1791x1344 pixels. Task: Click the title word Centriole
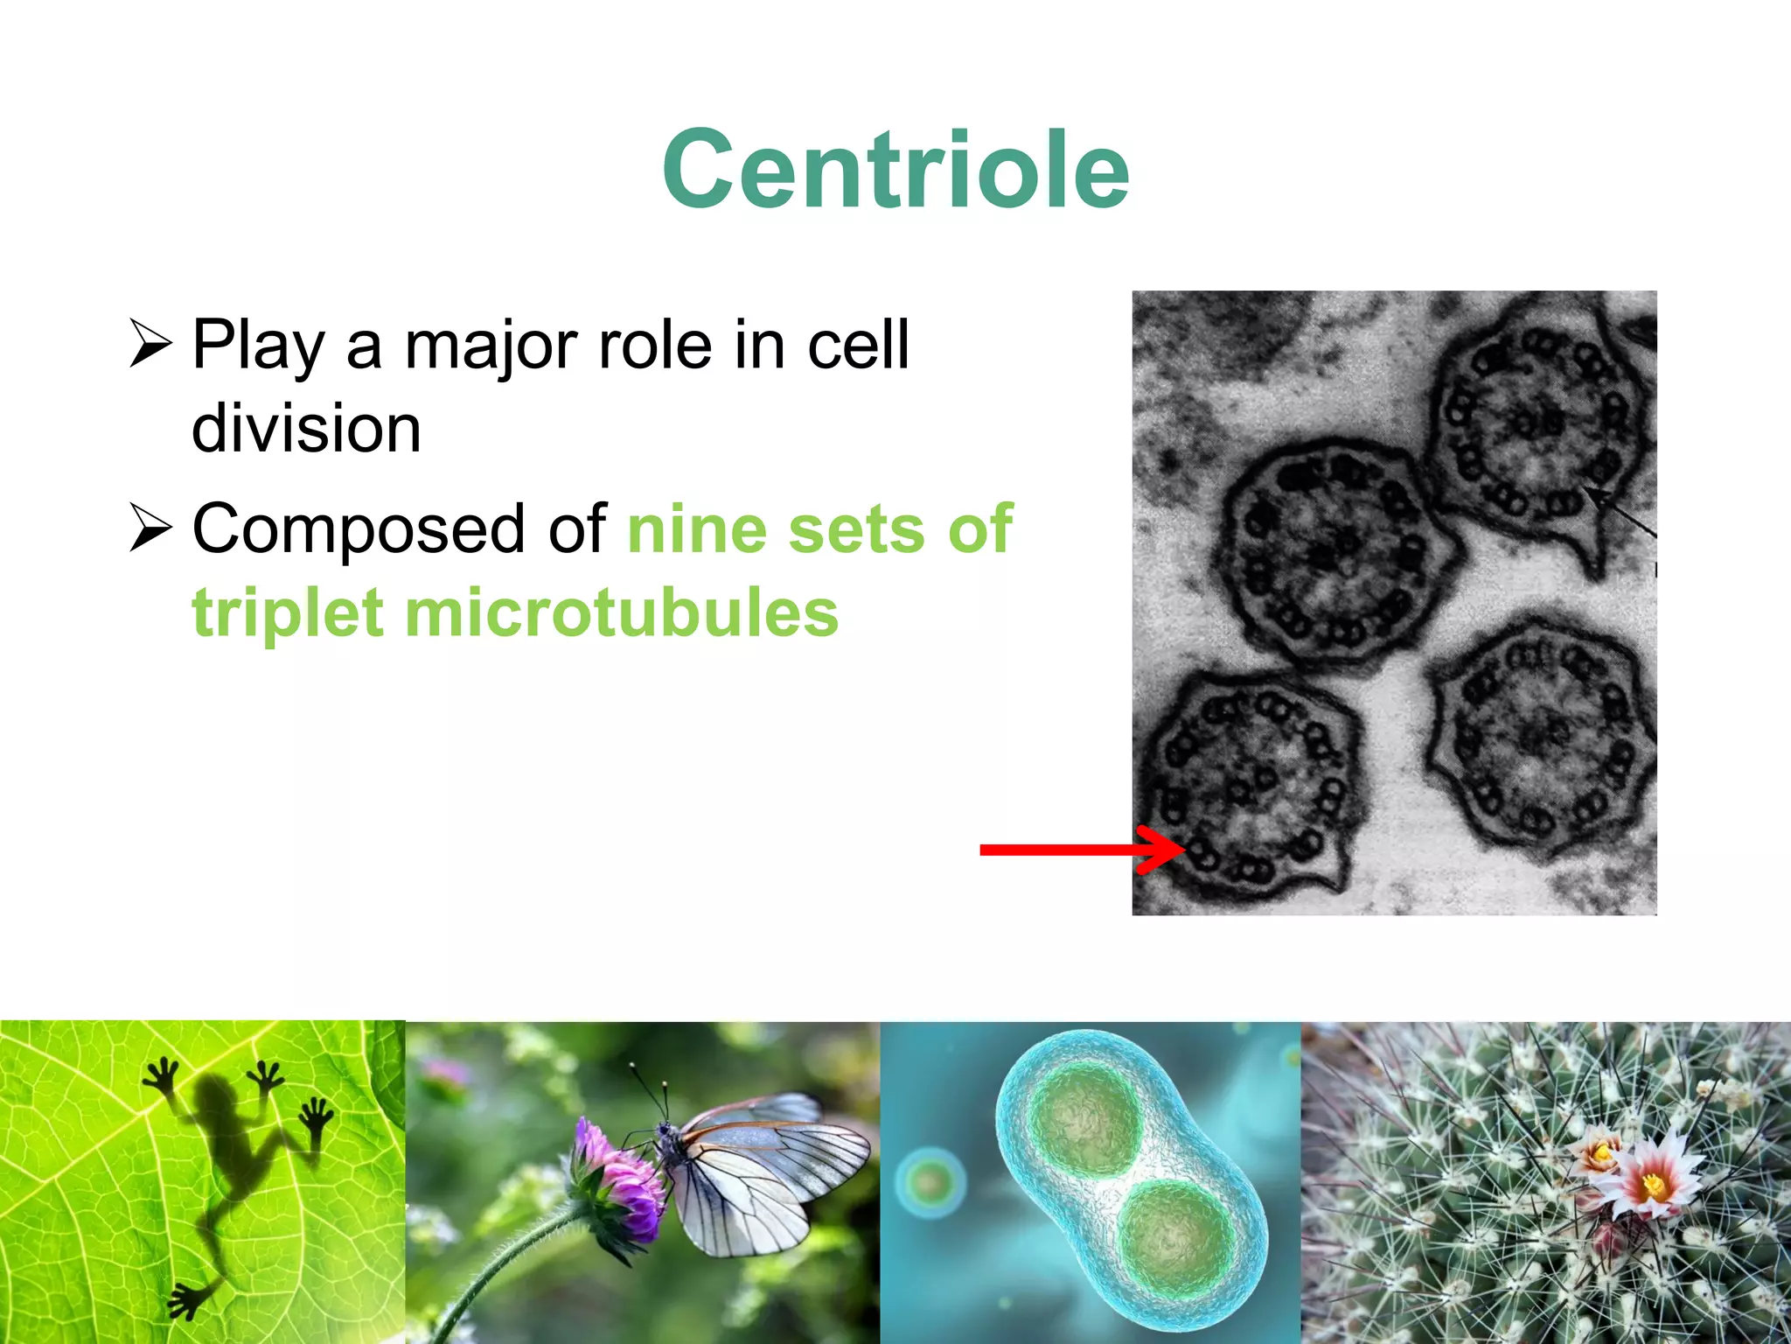pos(895,170)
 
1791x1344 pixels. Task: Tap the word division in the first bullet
pos(306,429)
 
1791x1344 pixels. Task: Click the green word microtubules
pos(621,612)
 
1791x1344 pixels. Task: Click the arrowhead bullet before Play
pos(150,343)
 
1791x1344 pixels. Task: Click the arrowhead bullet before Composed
pos(150,528)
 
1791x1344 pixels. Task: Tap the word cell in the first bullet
pos(858,346)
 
